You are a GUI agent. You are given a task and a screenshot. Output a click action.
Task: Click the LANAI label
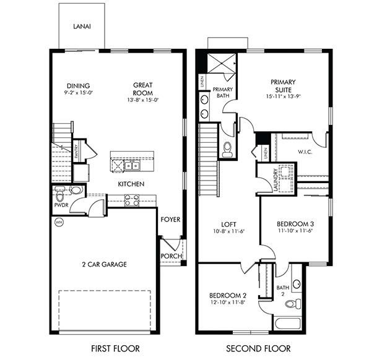(82, 27)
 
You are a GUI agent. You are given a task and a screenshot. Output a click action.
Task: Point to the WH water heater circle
(59, 222)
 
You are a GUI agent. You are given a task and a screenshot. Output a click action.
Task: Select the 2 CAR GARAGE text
(104, 265)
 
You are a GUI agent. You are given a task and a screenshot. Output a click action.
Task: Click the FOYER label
(170, 220)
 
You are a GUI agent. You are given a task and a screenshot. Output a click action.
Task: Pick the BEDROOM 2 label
(227, 294)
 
